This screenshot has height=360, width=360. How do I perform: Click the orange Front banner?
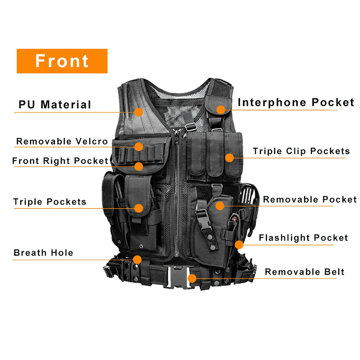point(62,61)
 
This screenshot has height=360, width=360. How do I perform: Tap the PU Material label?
point(55,105)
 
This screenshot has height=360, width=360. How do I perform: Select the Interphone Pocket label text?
point(296,102)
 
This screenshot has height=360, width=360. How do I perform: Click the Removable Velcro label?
point(62,141)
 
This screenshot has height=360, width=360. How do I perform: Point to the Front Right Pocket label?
point(60,161)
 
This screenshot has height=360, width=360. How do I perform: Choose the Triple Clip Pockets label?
point(301,151)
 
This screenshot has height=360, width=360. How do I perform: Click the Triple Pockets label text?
point(50,202)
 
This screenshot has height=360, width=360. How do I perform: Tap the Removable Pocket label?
point(310,199)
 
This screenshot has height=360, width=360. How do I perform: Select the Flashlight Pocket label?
point(303,238)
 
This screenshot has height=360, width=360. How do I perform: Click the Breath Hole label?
point(43,253)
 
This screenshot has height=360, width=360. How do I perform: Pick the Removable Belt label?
point(305,272)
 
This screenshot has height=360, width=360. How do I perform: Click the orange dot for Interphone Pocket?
point(221,109)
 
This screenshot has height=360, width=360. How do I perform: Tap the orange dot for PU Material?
point(139,112)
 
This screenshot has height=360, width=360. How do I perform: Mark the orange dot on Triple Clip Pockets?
point(229,157)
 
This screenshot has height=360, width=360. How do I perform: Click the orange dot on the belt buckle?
point(192,278)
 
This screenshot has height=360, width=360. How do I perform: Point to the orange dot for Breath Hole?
point(136,259)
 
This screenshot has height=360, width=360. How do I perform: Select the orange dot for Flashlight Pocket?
point(239,245)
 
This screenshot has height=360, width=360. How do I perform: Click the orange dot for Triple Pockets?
point(139,208)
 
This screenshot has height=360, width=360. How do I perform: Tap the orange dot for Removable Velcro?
point(139,146)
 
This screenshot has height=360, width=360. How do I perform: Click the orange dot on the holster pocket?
point(220,206)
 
